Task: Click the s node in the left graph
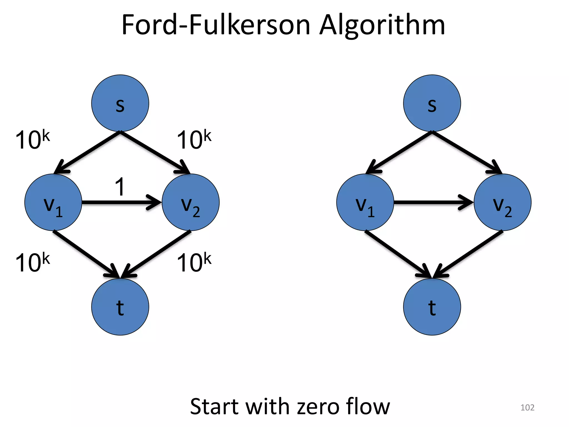(120, 103)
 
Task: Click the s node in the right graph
(432, 103)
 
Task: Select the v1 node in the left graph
(53, 202)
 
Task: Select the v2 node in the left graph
(191, 202)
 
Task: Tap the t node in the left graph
(120, 307)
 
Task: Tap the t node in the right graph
(432, 307)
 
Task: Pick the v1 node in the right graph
(365, 202)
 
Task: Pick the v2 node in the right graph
(503, 202)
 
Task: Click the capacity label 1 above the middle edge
(120, 187)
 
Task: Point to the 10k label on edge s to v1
(33, 140)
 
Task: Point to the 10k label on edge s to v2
(194, 140)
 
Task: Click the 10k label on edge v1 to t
(33, 262)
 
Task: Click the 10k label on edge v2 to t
(194, 262)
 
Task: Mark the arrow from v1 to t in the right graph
(397, 254)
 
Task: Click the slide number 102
(527, 408)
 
